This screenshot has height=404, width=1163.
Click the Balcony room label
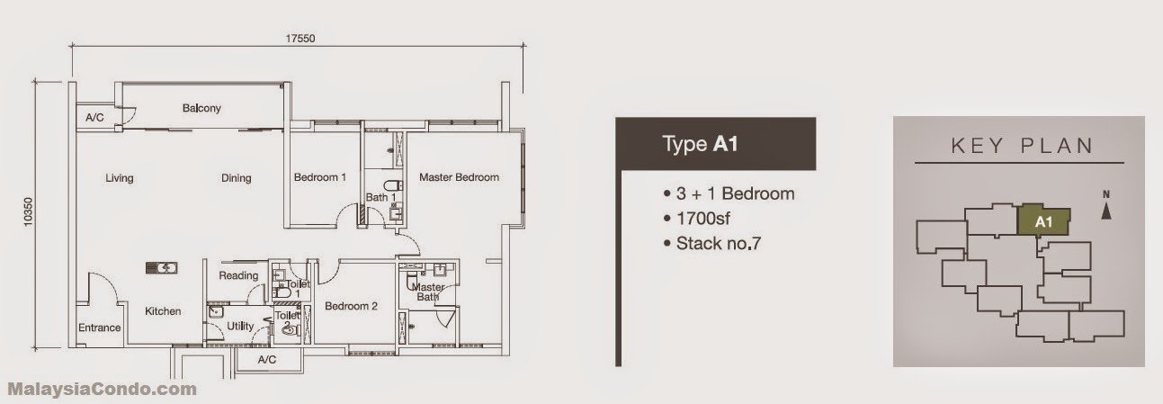click(x=201, y=108)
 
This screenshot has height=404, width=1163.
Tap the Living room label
click(x=120, y=178)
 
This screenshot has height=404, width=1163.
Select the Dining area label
click(x=237, y=178)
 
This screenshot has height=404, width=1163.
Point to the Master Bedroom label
click(x=459, y=177)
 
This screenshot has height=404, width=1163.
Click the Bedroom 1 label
click(x=320, y=177)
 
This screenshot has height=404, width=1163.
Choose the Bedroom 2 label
click(x=351, y=306)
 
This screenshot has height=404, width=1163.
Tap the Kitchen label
click(x=163, y=311)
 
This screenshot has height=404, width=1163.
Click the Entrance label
click(x=99, y=328)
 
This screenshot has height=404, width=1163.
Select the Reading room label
click(x=238, y=275)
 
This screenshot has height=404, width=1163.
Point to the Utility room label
click(x=240, y=326)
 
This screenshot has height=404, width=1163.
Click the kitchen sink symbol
click(x=162, y=268)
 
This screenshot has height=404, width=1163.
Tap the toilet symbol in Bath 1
click(x=392, y=184)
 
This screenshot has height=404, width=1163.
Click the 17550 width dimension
click(x=300, y=39)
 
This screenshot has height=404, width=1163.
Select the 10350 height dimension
click(x=28, y=211)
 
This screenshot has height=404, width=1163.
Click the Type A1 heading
click(x=700, y=144)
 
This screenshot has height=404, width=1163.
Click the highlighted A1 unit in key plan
click(x=1043, y=221)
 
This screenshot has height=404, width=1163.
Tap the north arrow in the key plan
click(x=1106, y=207)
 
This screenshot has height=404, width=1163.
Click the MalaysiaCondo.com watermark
click(x=103, y=389)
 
